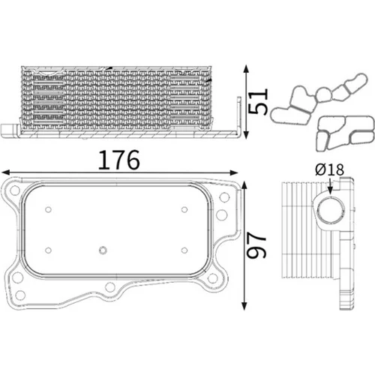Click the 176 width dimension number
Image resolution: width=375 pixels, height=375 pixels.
[118, 160]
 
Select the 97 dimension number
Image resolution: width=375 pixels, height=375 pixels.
[256, 244]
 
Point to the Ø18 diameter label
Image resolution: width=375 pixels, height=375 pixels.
[329, 169]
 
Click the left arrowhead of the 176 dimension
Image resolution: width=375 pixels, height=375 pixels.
[5, 172]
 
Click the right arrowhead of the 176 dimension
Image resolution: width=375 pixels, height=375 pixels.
[233, 172]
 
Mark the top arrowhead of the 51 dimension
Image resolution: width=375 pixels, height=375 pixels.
[246, 69]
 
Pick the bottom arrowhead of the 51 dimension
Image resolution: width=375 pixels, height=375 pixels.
[246, 134]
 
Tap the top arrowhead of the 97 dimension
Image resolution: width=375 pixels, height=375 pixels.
[244, 186]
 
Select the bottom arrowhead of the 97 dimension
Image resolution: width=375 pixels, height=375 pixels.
[244, 305]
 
